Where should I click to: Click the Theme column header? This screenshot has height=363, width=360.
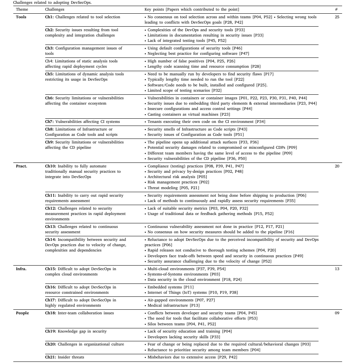tap(22, 9)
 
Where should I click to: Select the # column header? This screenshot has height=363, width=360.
tap(336, 9)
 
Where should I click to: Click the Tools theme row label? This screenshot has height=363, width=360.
tap(21, 17)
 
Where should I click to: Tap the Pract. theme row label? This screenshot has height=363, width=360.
tap(21, 166)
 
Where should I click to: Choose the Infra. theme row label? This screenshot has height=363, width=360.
tap(21, 269)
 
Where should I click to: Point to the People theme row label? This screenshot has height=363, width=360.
tap(22, 313)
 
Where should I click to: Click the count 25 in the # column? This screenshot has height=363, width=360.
tap(337, 17)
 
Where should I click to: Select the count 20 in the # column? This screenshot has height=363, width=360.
tap(337, 166)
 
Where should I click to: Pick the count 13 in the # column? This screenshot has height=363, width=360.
tap(337, 269)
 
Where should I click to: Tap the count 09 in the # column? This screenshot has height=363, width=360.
tap(337, 313)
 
